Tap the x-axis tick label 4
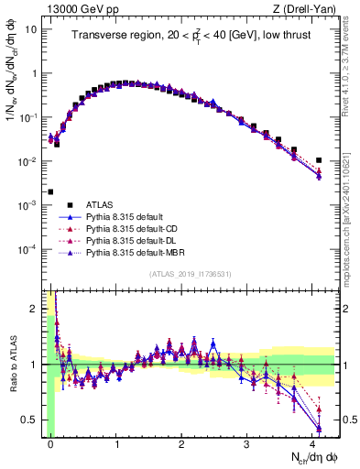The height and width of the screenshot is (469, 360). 312,442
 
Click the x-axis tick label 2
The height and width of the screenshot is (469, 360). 182,442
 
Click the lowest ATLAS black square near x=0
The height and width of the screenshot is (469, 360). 50,192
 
